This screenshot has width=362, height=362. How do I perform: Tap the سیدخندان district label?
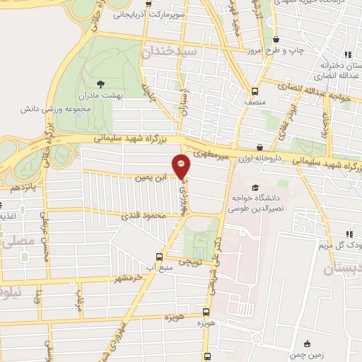coord(170,52)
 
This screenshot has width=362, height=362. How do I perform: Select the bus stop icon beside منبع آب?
coord(160,257)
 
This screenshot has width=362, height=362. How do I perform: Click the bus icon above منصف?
coord(256,90)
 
